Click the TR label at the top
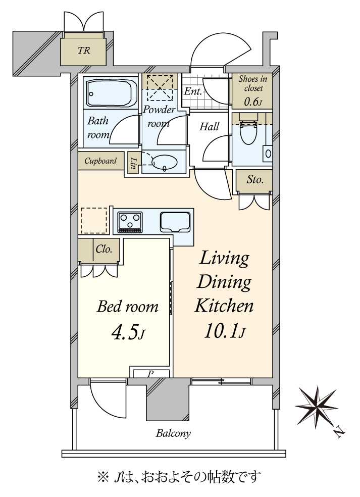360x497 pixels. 84,51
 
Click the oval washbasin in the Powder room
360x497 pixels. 165,162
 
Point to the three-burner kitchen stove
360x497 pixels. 130,222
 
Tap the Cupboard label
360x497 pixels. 100,161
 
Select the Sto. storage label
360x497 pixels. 255,180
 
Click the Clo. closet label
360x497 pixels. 104,249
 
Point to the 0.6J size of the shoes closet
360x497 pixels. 253,102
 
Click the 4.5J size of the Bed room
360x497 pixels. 128,332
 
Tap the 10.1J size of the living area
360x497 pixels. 224,331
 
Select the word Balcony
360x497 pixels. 173,433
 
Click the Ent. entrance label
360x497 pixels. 193,91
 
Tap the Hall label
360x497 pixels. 209,126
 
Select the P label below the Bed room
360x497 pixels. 150,374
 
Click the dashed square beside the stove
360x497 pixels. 94,221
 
